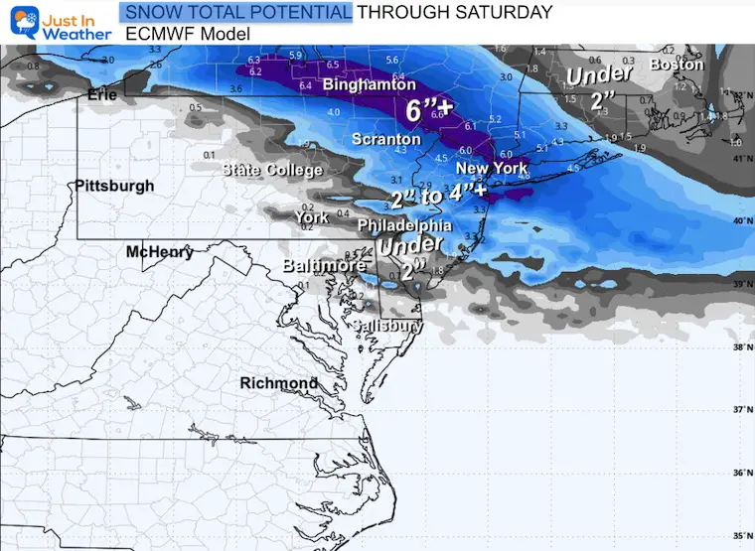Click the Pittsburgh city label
coord(115,186)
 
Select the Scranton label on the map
coord(386,140)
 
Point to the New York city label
coord(492,168)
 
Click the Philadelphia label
coord(396,226)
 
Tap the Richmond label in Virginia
coord(279,383)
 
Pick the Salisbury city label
coord(388,326)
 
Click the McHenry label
coord(160,253)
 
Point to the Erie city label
coord(102,95)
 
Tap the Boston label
coord(676,65)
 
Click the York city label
coord(312,217)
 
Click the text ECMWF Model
coord(188,33)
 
